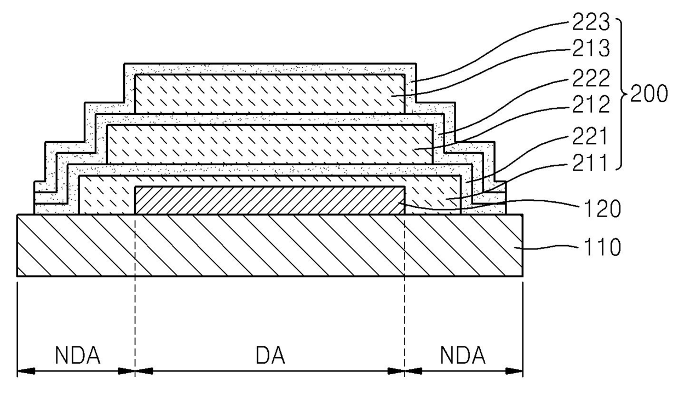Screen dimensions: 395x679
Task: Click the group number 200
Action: click(x=649, y=95)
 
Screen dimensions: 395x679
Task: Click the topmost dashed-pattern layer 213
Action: click(x=270, y=94)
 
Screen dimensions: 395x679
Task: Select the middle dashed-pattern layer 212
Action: click(x=270, y=144)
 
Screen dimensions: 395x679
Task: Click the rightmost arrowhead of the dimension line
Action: click(x=518, y=372)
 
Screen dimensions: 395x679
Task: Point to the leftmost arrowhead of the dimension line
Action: click(x=23, y=372)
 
